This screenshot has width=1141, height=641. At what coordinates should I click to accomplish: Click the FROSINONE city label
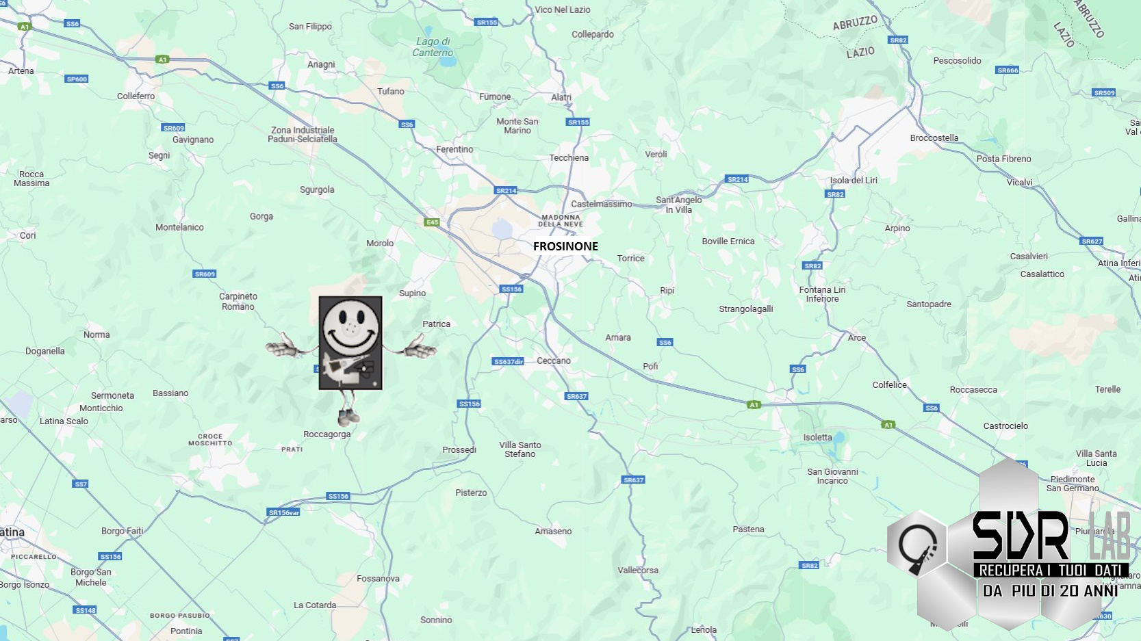pos(565,246)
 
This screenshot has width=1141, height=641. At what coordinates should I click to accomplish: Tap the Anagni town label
pos(321,64)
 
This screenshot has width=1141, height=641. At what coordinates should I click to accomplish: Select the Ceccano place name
pos(553,361)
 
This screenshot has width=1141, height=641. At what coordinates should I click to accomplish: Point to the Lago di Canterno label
pos(433,47)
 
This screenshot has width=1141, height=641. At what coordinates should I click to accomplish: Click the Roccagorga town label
pos(326,434)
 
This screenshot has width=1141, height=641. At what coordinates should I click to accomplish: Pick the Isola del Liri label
pos(853,181)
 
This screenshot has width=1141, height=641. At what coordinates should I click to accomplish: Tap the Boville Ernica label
pos(728,241)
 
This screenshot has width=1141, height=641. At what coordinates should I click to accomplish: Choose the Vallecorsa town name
pos(637,571)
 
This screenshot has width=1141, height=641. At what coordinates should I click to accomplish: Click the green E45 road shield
pos(432,222)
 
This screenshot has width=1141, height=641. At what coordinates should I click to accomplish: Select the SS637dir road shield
pos(508,361)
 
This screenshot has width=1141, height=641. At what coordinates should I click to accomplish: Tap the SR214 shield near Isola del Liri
pos(737,179)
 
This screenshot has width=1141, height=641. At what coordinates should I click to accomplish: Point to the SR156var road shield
pos(284,512)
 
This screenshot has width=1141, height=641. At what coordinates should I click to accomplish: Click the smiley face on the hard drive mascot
pos(350,327)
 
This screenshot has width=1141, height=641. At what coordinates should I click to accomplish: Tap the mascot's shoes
pos(349,415)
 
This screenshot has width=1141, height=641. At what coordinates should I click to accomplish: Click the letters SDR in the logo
pos(1020,536)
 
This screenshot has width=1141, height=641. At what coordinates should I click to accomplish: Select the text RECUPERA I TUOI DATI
pos(1050,570)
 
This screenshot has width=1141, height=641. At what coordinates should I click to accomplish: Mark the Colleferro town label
pos(136,96)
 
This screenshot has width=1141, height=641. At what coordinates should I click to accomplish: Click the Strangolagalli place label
pos(745,309)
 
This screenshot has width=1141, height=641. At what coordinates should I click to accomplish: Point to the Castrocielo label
pos(1005,426)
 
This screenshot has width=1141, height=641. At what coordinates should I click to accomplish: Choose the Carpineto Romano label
pos(238,302)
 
